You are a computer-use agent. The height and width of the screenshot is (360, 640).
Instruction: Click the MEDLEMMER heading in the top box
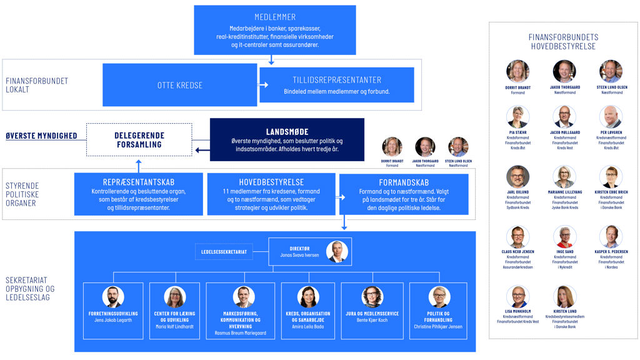point(275,17)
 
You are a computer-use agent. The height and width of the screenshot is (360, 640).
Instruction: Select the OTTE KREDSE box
point(179,85)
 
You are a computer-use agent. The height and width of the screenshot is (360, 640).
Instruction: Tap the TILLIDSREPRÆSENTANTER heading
point(337,80)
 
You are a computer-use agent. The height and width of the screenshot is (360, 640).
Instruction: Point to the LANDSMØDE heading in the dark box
point(287,131)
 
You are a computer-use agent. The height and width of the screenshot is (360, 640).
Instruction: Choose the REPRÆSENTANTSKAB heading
point(138,182)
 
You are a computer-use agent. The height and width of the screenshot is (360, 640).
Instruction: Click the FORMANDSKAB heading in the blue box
point(403,182)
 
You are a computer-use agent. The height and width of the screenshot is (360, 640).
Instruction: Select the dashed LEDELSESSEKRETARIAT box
point(224,252)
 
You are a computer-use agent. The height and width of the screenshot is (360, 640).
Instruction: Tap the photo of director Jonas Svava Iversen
point(337,251)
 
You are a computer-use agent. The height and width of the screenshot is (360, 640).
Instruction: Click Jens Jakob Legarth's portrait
point(113,297)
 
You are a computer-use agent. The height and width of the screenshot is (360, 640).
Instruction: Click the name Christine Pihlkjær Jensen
point(439,326)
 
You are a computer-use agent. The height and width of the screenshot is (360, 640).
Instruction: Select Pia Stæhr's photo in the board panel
point(518,117)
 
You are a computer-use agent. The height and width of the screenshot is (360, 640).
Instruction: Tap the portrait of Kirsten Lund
point(564,296)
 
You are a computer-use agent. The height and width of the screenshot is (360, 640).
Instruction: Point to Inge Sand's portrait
point(564,237)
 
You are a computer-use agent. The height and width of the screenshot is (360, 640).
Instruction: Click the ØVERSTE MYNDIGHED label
point(41,136)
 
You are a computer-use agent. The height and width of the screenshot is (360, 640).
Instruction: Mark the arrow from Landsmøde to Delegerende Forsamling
point(201,150)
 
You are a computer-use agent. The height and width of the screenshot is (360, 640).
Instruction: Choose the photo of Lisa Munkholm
point(518,296)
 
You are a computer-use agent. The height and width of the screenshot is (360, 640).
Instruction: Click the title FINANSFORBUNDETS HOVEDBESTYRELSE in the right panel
point(563,42)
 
